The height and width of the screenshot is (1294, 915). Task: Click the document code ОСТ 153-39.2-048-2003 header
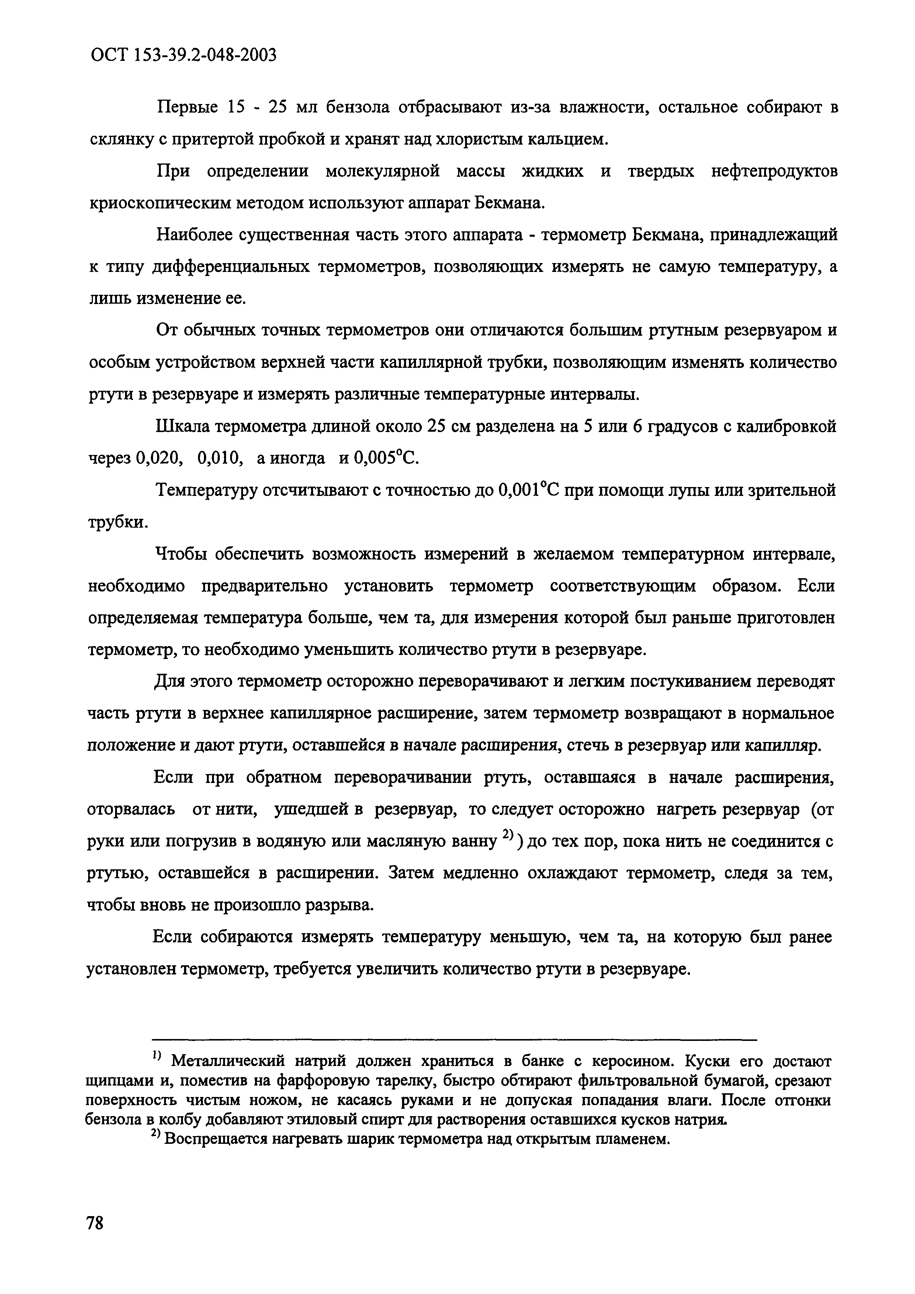tap(184, 55)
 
